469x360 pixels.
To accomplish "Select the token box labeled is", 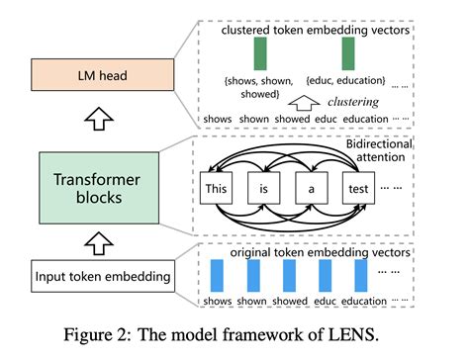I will click(263, 186).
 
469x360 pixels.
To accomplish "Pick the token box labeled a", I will click(310, 186).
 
